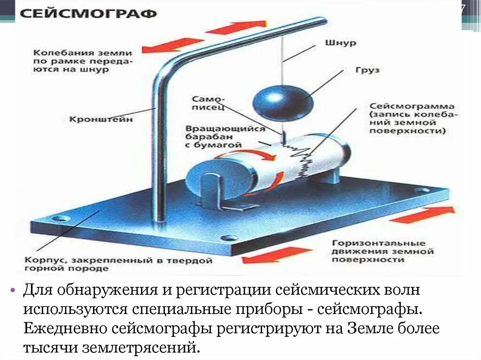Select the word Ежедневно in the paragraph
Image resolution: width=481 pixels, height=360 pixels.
coord(66,328)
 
